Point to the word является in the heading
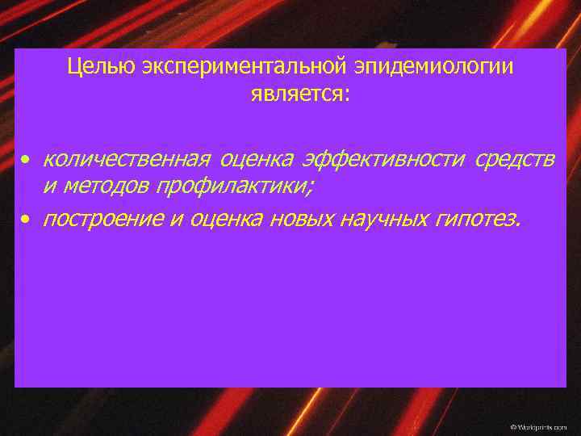coord(297,94)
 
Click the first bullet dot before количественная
coord(27,160)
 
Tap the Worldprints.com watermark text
coord(538,425)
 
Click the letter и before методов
coord(49,187)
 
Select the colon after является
coord(347,96)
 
